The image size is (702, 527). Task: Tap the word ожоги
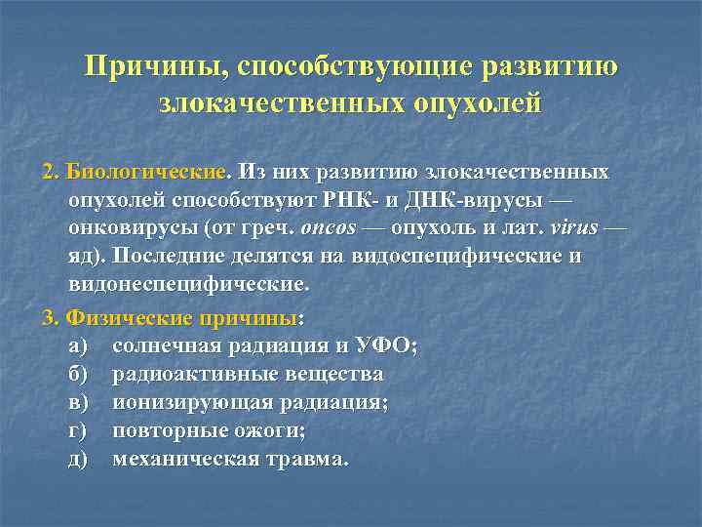[x=269, y=430]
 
